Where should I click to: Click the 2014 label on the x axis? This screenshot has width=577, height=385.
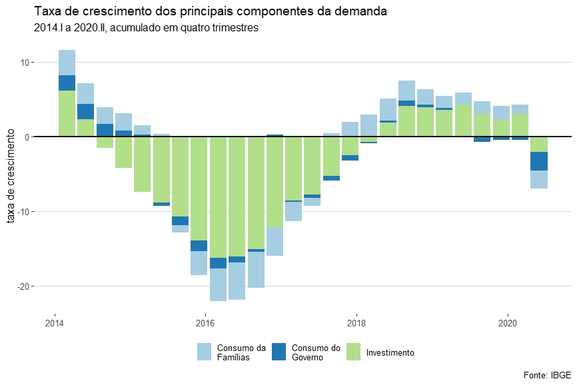54,324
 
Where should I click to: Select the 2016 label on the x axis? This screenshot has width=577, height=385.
205,324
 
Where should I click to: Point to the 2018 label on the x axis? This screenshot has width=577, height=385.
356,324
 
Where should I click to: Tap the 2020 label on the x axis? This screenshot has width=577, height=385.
508,324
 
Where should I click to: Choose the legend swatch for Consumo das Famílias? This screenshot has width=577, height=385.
205,352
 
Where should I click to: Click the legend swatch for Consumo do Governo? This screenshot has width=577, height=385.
280,352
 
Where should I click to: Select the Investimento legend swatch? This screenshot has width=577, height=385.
354,352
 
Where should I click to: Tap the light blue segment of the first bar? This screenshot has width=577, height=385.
67,63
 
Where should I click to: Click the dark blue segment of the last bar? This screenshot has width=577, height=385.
539,161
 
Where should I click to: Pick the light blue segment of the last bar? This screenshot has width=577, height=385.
539,180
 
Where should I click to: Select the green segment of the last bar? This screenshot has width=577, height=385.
539,145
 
